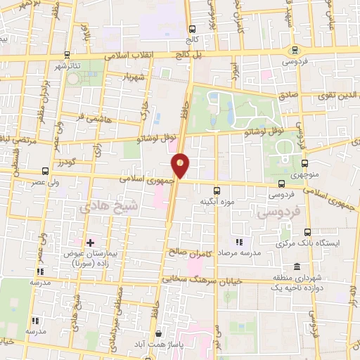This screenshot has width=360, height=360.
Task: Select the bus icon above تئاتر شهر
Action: point(66,54)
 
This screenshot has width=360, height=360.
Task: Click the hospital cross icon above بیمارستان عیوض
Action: point(90,242)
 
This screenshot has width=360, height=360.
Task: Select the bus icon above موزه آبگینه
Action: point(217,189)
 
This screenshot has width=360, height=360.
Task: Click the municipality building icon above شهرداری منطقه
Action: point(297,266)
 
